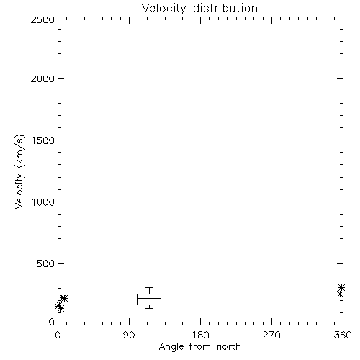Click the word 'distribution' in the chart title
(225, 8)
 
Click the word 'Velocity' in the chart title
(163, 9)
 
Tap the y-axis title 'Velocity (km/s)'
(19, 171)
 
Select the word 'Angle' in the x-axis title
(171, 347)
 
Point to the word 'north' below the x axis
(229, 346)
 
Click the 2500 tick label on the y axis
(42, 19)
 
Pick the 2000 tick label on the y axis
(42, 78)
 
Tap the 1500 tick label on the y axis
(43, 140)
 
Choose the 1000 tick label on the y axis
(43, 202)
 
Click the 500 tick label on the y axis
(46, 264)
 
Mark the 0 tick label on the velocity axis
(52, 322)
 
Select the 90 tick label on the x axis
(129, 335)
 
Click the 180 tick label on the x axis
(200, 335)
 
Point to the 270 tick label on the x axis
(271, 335)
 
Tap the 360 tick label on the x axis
(343, 335)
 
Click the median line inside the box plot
(149, 298)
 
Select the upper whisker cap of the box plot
(149, 287)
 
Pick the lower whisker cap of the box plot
(149, 308)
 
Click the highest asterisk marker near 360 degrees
(341, 287)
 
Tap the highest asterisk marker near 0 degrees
(63, 298)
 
